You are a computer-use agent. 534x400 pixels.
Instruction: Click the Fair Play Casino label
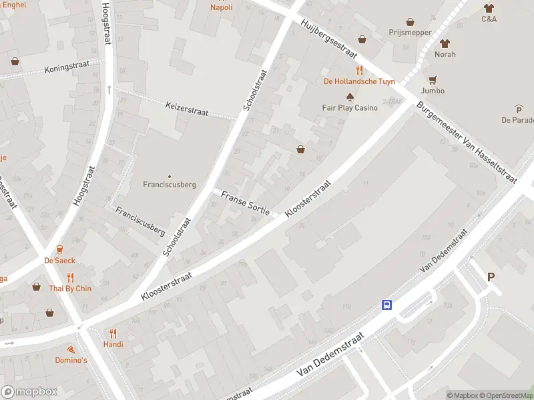350,107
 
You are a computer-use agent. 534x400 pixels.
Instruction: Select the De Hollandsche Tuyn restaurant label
359,81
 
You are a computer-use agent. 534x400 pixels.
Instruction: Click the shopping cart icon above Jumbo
433,79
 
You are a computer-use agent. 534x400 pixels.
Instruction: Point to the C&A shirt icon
489,8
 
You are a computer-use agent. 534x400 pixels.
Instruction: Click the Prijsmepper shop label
410,32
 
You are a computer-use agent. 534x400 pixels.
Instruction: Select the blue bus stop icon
386,305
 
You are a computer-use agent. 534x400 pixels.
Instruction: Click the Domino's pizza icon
70,349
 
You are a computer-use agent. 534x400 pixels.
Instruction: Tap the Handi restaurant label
113,344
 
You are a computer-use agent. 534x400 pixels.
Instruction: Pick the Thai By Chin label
69,289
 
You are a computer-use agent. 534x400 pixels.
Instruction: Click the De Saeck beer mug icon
60,249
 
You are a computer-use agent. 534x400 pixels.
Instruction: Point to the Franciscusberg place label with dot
170,184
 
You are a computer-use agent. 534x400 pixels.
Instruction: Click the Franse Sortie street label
245,203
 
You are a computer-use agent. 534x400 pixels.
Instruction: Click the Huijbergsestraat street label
330,39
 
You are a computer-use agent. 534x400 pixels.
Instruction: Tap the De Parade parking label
518,120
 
